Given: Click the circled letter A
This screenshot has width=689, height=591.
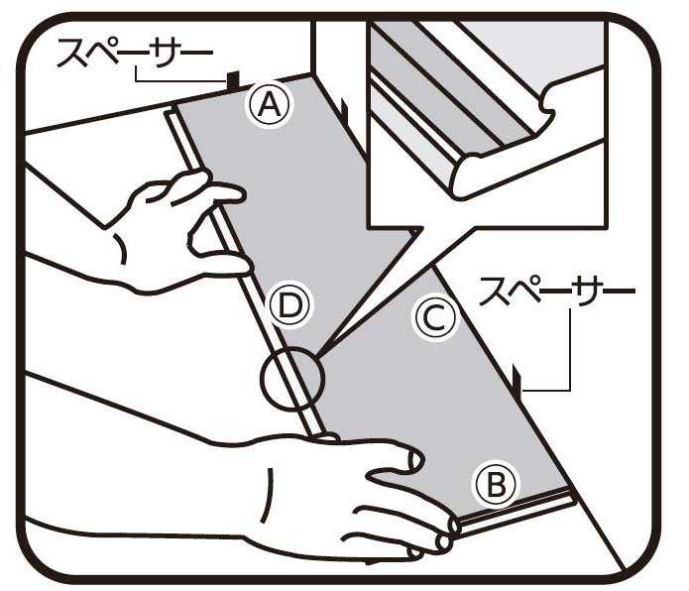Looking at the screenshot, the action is tap(270, 105).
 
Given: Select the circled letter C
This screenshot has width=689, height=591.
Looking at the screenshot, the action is tap(435, 317).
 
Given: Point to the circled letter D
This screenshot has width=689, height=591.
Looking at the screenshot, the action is tap(290, 305).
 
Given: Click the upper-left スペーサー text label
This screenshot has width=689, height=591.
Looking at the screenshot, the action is tap(136, 54).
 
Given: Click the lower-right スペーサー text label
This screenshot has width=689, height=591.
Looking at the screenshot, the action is tap(557, 292).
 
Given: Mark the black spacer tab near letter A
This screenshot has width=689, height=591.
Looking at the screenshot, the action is tap(233, 81).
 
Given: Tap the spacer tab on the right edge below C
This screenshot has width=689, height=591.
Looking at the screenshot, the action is tap(517, 380).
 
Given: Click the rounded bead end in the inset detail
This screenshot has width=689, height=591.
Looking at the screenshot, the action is tap(466, 176).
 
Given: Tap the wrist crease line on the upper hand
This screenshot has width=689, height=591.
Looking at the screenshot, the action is tap(122, 248).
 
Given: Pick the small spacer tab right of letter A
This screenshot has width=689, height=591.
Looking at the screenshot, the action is tap(345, 110).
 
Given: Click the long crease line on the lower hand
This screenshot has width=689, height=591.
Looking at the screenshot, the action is tap(265, 495).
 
